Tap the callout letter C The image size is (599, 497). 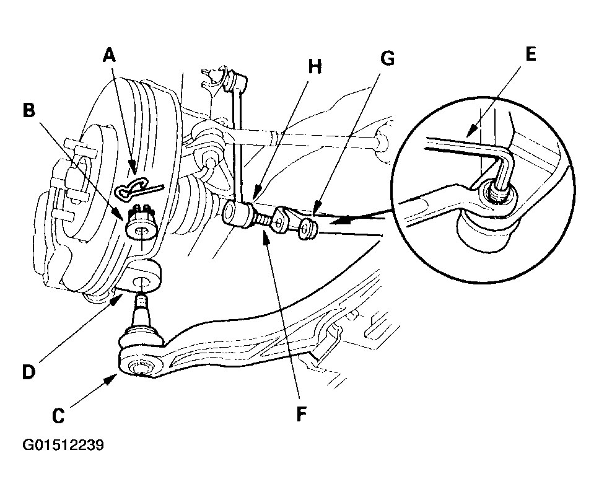click(x=58, y=416)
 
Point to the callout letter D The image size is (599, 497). click(x=28, y=372)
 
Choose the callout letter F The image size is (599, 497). click(x=302, y=414)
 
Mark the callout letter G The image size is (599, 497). click(x=387, y=58)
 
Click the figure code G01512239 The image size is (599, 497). click(x=63, y=445)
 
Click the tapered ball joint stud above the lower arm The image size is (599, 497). click(x=142, y=310)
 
